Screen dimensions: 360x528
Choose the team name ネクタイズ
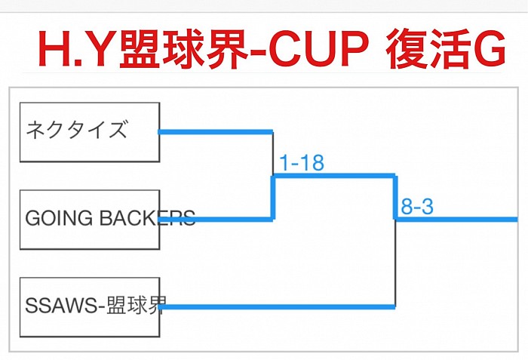click(76, 130)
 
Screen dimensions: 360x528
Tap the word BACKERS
click(148, 218)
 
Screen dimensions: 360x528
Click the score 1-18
click(302, 163)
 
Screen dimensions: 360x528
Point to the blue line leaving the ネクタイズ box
click(215, 132)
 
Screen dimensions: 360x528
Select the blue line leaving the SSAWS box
click(279, 307)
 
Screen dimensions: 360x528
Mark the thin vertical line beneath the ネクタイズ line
click(272, 154)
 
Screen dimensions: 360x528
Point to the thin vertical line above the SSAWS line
click(395, 264)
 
